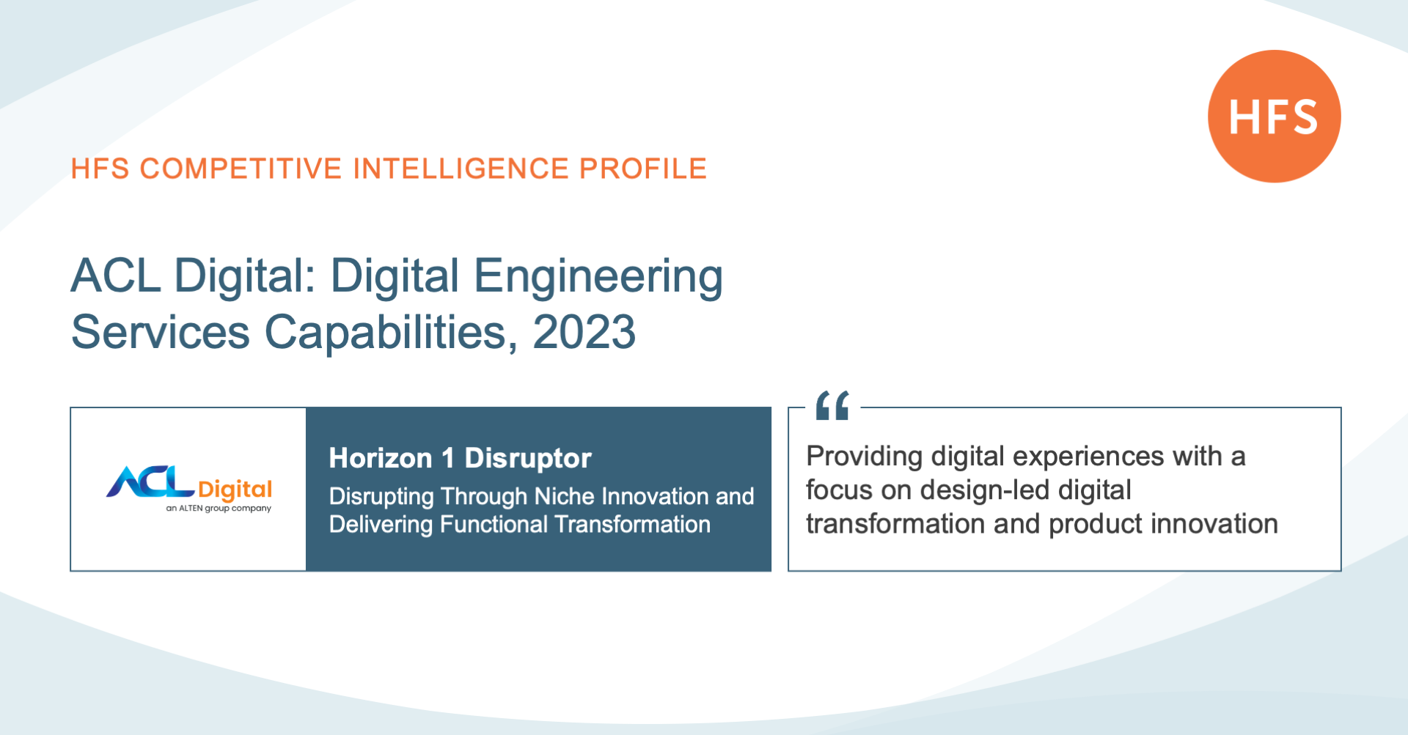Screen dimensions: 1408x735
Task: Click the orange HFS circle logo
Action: click(1275, 116)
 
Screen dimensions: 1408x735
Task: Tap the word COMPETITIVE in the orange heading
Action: click(241, 169)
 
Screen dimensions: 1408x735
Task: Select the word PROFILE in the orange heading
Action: click(642, 169)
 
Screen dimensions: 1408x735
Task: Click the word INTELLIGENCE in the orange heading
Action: click(461, 169)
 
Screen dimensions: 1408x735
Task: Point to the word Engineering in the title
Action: click(598, 277)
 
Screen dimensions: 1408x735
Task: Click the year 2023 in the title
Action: click(584, 332)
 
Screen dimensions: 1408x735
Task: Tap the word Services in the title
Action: click(161, 332)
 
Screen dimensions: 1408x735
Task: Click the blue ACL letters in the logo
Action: click(150, 482)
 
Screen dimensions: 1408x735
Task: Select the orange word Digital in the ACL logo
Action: click(235, 490)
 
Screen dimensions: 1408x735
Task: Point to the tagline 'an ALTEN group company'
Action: click(219, 508)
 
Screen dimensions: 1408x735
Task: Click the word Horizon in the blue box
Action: click(381, 458)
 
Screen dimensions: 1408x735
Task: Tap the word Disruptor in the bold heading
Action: click(528, 459)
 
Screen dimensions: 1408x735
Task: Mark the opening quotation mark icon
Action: click(832, 405)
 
